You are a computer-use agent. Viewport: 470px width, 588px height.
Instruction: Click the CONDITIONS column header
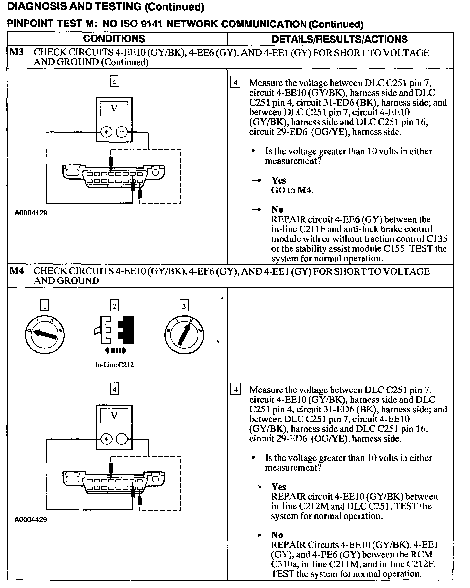114,39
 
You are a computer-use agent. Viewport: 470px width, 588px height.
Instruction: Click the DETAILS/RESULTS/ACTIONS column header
340,39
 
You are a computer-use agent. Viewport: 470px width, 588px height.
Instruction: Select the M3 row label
16,52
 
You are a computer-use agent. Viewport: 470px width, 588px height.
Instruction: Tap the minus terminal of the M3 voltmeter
121,132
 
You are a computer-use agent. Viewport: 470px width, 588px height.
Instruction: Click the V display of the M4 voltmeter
114,416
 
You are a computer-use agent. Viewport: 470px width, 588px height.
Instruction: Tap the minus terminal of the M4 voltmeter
121,439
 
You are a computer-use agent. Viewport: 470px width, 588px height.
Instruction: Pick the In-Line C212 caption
114,365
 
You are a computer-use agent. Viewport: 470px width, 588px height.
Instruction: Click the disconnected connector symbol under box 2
114,330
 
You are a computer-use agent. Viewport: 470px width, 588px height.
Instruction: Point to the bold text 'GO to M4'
292,190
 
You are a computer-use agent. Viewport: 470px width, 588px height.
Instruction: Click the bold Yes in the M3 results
278,180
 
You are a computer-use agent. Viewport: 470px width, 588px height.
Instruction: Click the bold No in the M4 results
277,535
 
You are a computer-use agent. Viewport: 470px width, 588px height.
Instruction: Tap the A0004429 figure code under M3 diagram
31,213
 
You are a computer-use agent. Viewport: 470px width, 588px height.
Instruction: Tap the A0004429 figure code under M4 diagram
31,520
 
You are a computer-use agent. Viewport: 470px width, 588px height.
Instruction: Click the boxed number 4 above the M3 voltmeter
114,82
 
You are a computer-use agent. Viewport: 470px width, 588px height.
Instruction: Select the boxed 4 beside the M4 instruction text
236,390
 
